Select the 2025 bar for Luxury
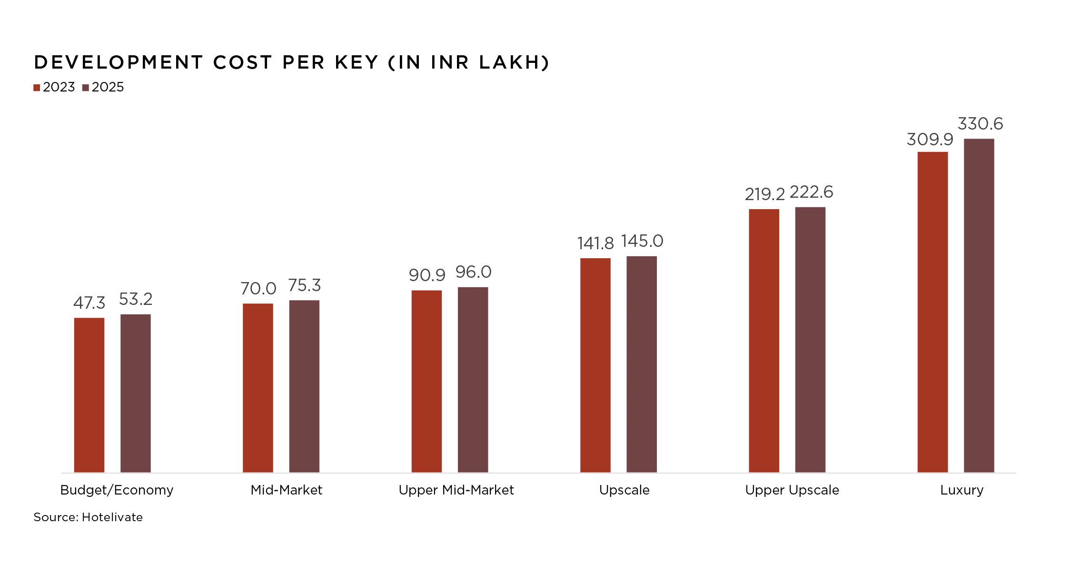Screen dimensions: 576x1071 tap(979, 305)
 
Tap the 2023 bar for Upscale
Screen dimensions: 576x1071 tap(595, 365)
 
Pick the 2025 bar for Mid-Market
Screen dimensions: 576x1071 tap(304, 386)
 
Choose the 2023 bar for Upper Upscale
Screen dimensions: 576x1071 tap(764, 340)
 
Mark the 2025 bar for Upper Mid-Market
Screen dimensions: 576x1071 tap(473, 379)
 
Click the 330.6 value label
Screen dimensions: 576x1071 tap(980, 124)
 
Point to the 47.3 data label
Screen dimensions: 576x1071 tap(89, 303)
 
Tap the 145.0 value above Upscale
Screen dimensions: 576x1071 tap(642, 241)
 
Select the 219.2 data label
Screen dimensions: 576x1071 tap(764, 194)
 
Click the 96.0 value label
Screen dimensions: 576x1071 tap(473, 272)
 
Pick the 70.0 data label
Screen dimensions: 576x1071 tap(258, 288)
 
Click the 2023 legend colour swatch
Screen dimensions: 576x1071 tap(37, 88)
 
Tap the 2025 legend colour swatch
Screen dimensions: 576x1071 tap(86, 88)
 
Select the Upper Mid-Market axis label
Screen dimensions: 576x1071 tap(456, 490)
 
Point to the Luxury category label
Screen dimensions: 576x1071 tap(962, 490)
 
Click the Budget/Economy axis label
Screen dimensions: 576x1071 tap(117, 490)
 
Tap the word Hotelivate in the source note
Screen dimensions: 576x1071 tap(112, 517)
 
